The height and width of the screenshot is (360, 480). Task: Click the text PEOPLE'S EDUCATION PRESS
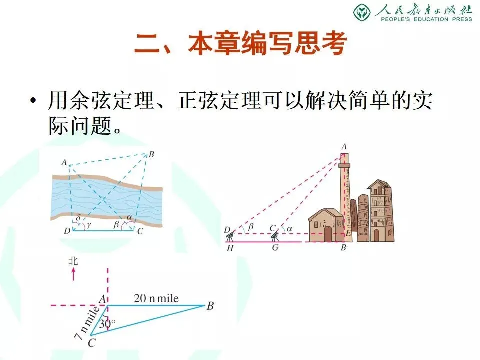point(426,19)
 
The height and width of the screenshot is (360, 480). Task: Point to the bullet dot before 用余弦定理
point(33,100)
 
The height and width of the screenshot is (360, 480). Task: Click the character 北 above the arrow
point(73,261)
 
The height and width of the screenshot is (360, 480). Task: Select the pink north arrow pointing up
point(73,274)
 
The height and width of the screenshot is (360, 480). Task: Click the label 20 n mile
point(156,298)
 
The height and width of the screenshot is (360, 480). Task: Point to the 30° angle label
point(107,323)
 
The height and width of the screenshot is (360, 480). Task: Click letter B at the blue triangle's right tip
point(210,306)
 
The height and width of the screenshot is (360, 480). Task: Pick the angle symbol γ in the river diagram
point(89,225)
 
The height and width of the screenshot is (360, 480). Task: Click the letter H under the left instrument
point(230,249)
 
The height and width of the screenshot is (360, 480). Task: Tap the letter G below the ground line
point(275,248)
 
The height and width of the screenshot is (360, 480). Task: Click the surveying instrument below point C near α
point(275,235)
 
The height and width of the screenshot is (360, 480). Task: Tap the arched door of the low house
point(328,234)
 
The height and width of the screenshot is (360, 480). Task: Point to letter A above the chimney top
point(344,147)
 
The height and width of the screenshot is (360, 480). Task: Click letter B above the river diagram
point(151,155)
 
